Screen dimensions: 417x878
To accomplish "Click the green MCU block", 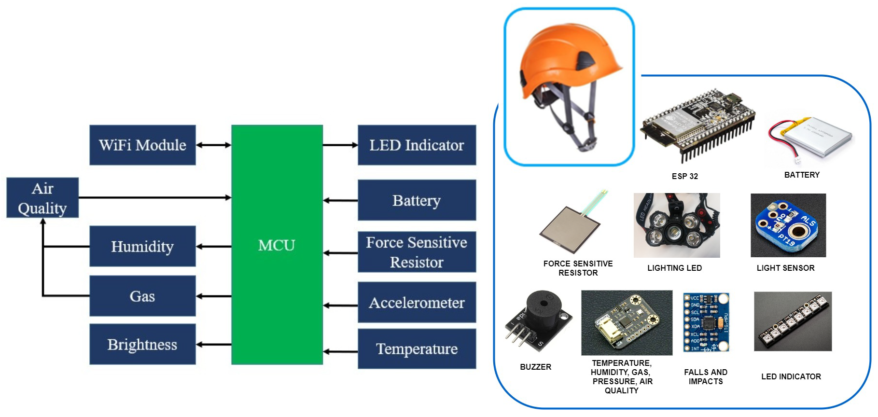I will point(277,244).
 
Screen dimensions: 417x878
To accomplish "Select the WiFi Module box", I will point(142,145).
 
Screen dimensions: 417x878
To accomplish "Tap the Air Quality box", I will point(42,198).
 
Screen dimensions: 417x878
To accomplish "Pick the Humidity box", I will point(142,246).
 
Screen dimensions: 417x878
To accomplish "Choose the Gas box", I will point(142,296).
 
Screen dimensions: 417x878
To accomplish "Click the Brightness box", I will point(142,344).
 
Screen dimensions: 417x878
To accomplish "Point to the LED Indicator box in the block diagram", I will point(417,145).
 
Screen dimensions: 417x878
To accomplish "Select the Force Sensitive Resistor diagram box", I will point(417,252).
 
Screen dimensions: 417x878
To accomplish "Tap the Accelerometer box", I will point(417,302).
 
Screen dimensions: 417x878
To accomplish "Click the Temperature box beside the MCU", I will point(417,348).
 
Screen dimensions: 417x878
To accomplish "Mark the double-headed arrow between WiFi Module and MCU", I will point(213,145).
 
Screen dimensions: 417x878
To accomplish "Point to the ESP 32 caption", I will point(684,176).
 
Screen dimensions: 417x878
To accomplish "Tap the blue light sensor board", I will point(788,225).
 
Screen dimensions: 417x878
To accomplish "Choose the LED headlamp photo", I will point(676,225).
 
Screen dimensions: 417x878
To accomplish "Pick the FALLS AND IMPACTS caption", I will point(705,376).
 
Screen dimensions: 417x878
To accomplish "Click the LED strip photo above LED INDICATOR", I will point(793,321).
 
